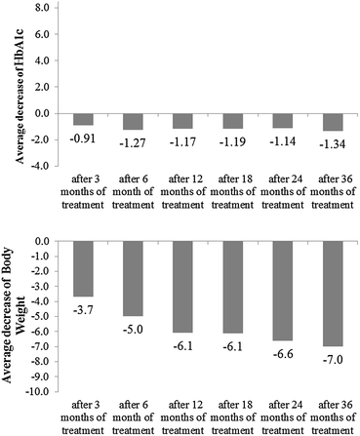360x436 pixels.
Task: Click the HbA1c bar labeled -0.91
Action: click(x=83, y=119)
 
